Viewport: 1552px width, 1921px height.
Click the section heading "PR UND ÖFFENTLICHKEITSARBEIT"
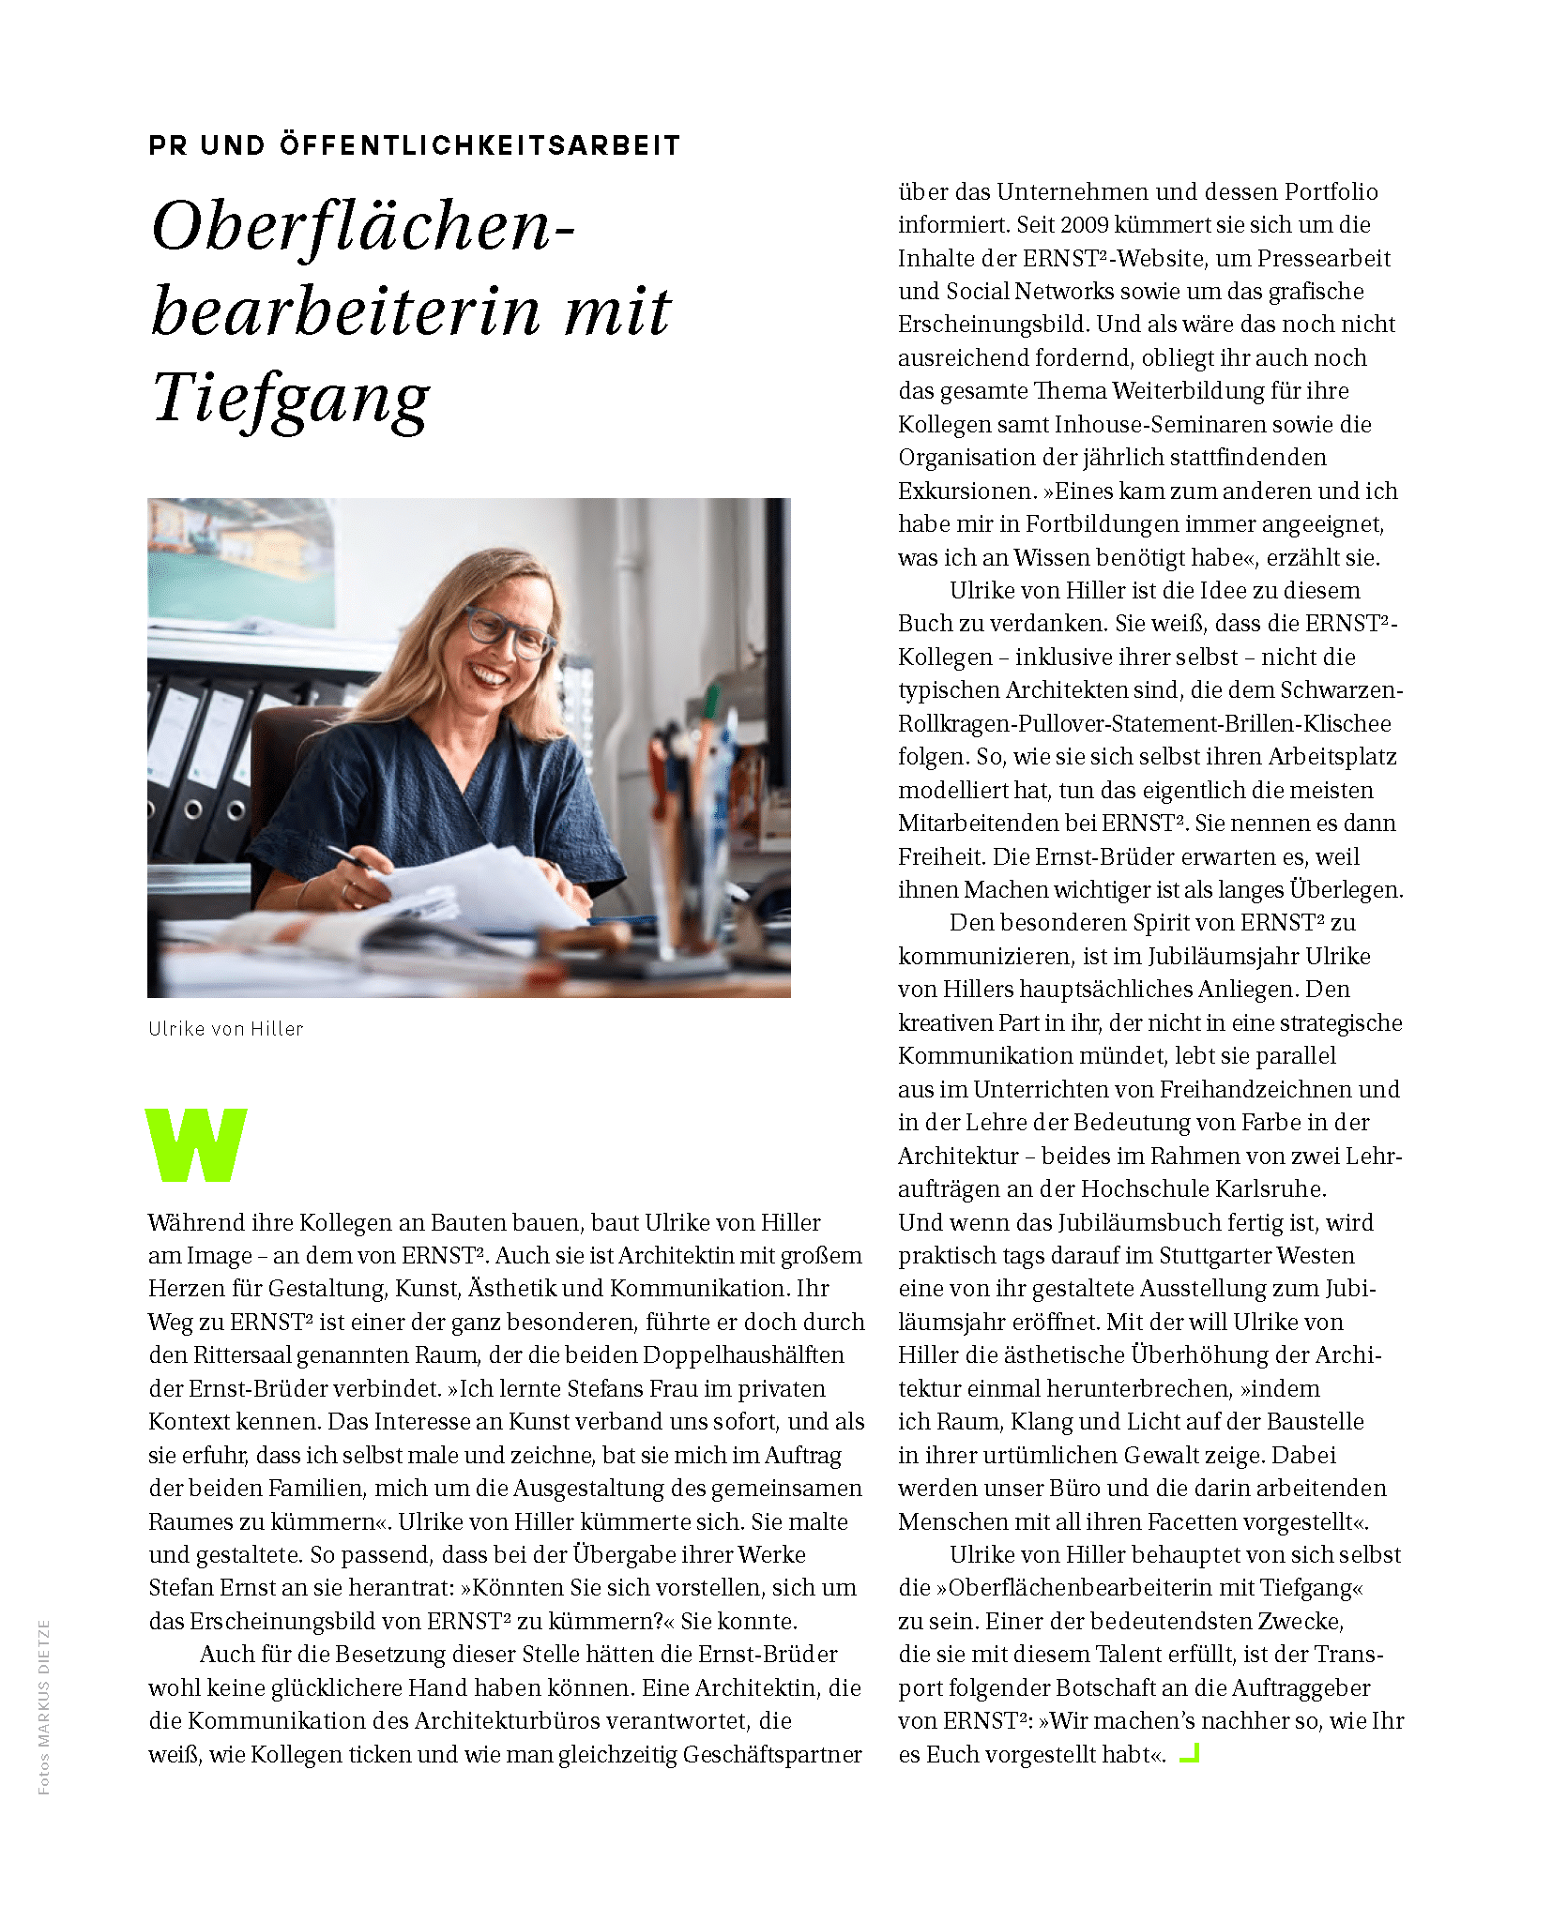414,145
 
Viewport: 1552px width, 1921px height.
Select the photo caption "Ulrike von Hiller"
226,1029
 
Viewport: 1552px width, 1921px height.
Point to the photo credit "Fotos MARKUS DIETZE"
44,1707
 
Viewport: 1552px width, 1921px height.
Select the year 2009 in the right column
1085,225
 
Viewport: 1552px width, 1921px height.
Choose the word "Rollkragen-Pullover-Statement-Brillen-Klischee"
1145,724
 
